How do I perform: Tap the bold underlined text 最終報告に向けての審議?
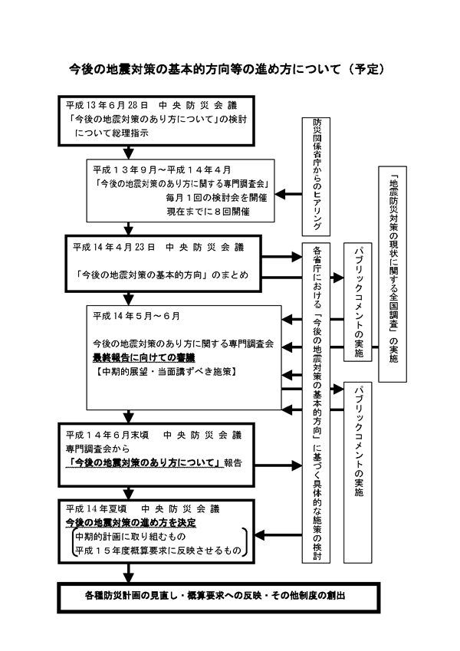tap(133, 357)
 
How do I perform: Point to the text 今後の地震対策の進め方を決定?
tap(130, 522)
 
